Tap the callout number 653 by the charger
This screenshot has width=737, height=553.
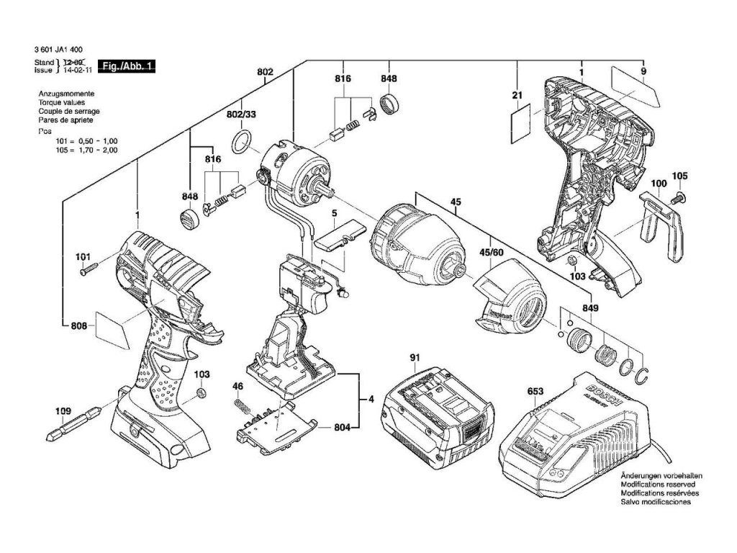(x=535, y=392)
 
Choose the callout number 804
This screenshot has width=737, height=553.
(x=343, y=428)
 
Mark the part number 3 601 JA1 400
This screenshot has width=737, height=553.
(x=58, y=49)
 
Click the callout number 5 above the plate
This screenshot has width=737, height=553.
(x=334, y=213)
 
